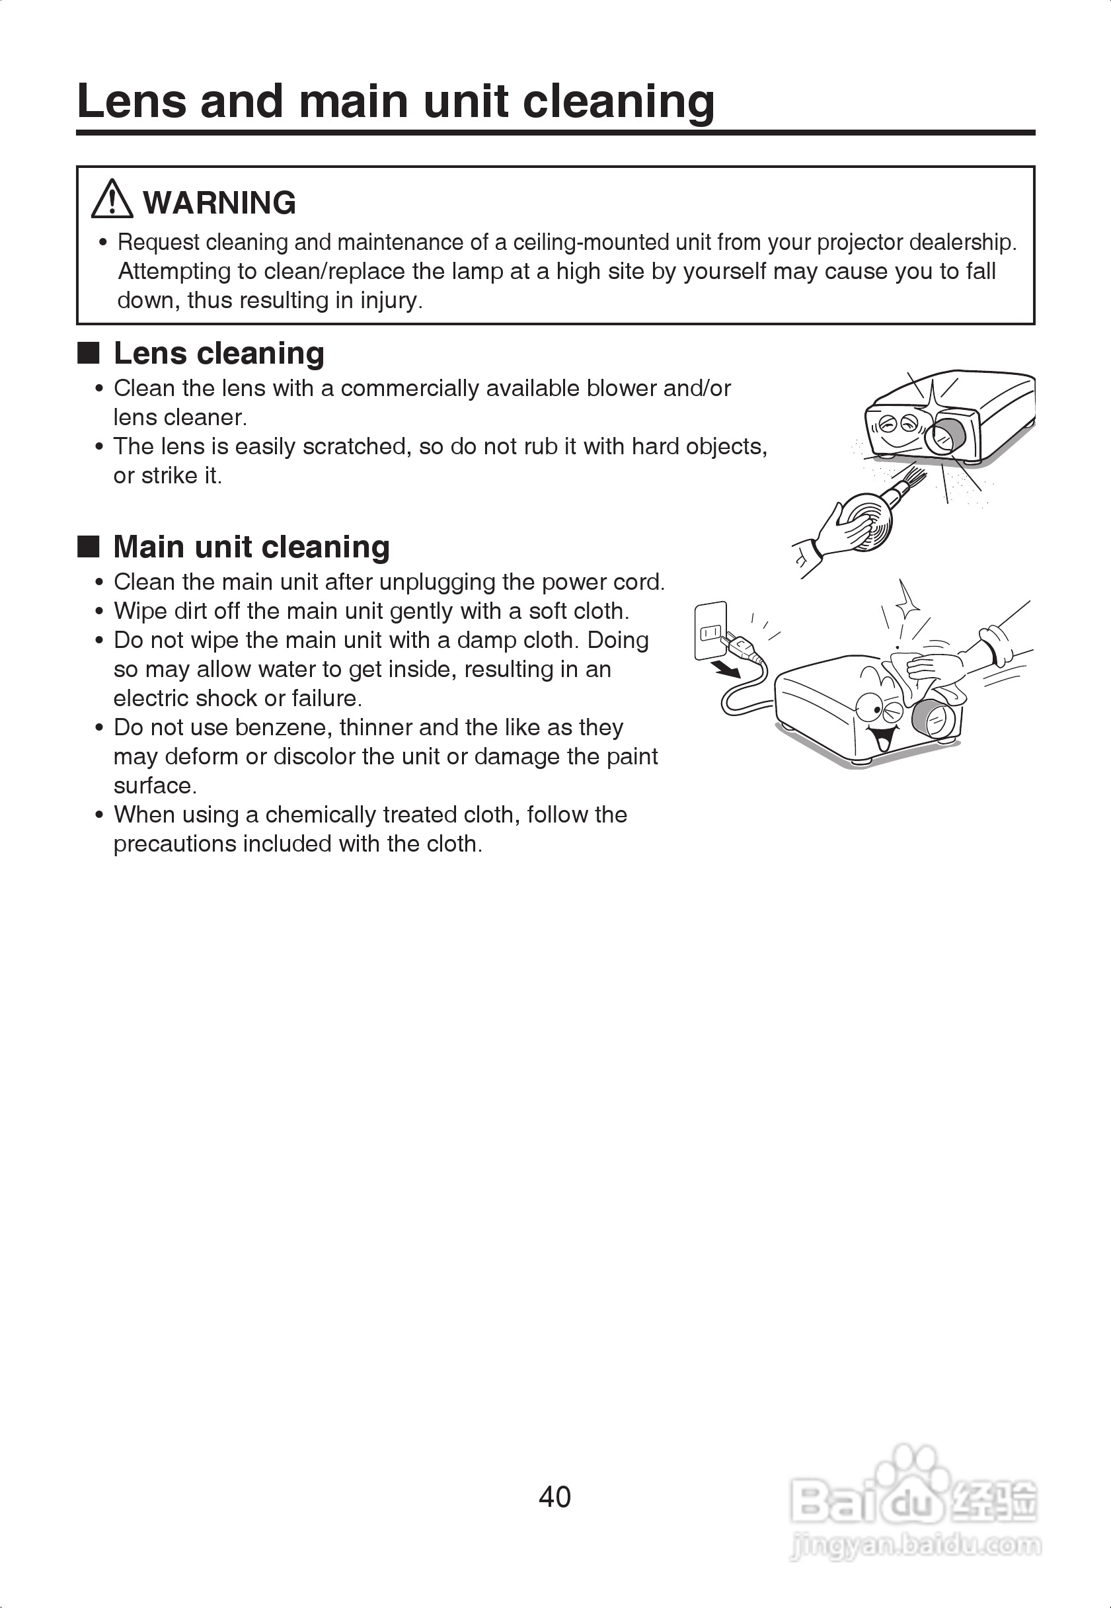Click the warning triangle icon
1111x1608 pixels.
click(x=112, y=200)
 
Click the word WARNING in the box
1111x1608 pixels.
click(x=219, y=203)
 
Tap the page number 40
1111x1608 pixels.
click(x=555, y=1496)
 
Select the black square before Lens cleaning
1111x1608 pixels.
click(x=89, y=353)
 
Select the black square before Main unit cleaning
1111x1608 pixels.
click(x=89, y=547)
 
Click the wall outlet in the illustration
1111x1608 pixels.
click(x=710, y=630)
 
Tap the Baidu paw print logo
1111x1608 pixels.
click(x=912, y=1472)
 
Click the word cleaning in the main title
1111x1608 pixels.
click(x=618, y=102)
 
